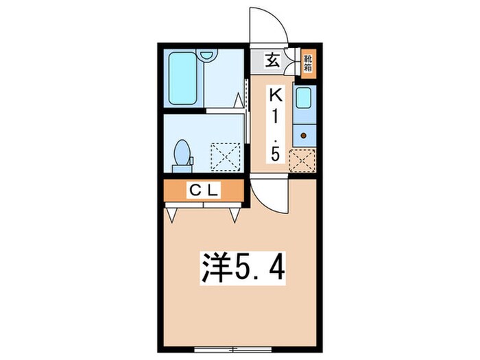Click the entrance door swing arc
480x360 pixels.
click(x=267, y=26)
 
